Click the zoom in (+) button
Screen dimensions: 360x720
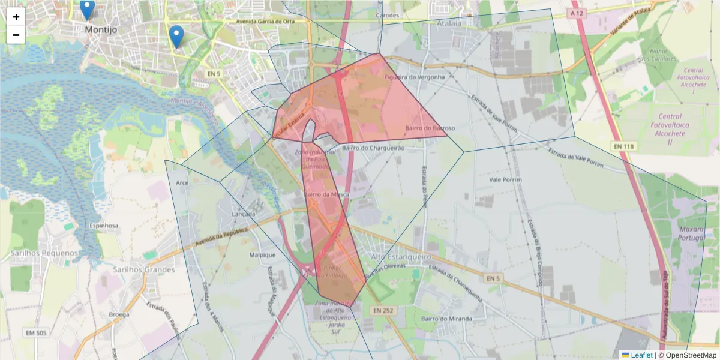coord(16,17)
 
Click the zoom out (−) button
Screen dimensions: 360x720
coord(16,35)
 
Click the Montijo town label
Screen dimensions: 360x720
coord(101,29)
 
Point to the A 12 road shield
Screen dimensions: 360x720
coord(577,13)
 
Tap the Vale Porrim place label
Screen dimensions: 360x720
coord(505,179)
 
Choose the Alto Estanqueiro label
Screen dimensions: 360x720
coord(401,257)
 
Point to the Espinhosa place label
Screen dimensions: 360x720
coord(104,226)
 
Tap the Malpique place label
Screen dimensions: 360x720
coord(262,254)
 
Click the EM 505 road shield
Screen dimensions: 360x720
coord(38,332)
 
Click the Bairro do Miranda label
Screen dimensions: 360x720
coord(446,318)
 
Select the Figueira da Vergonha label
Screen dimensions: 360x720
coord(414,77)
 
